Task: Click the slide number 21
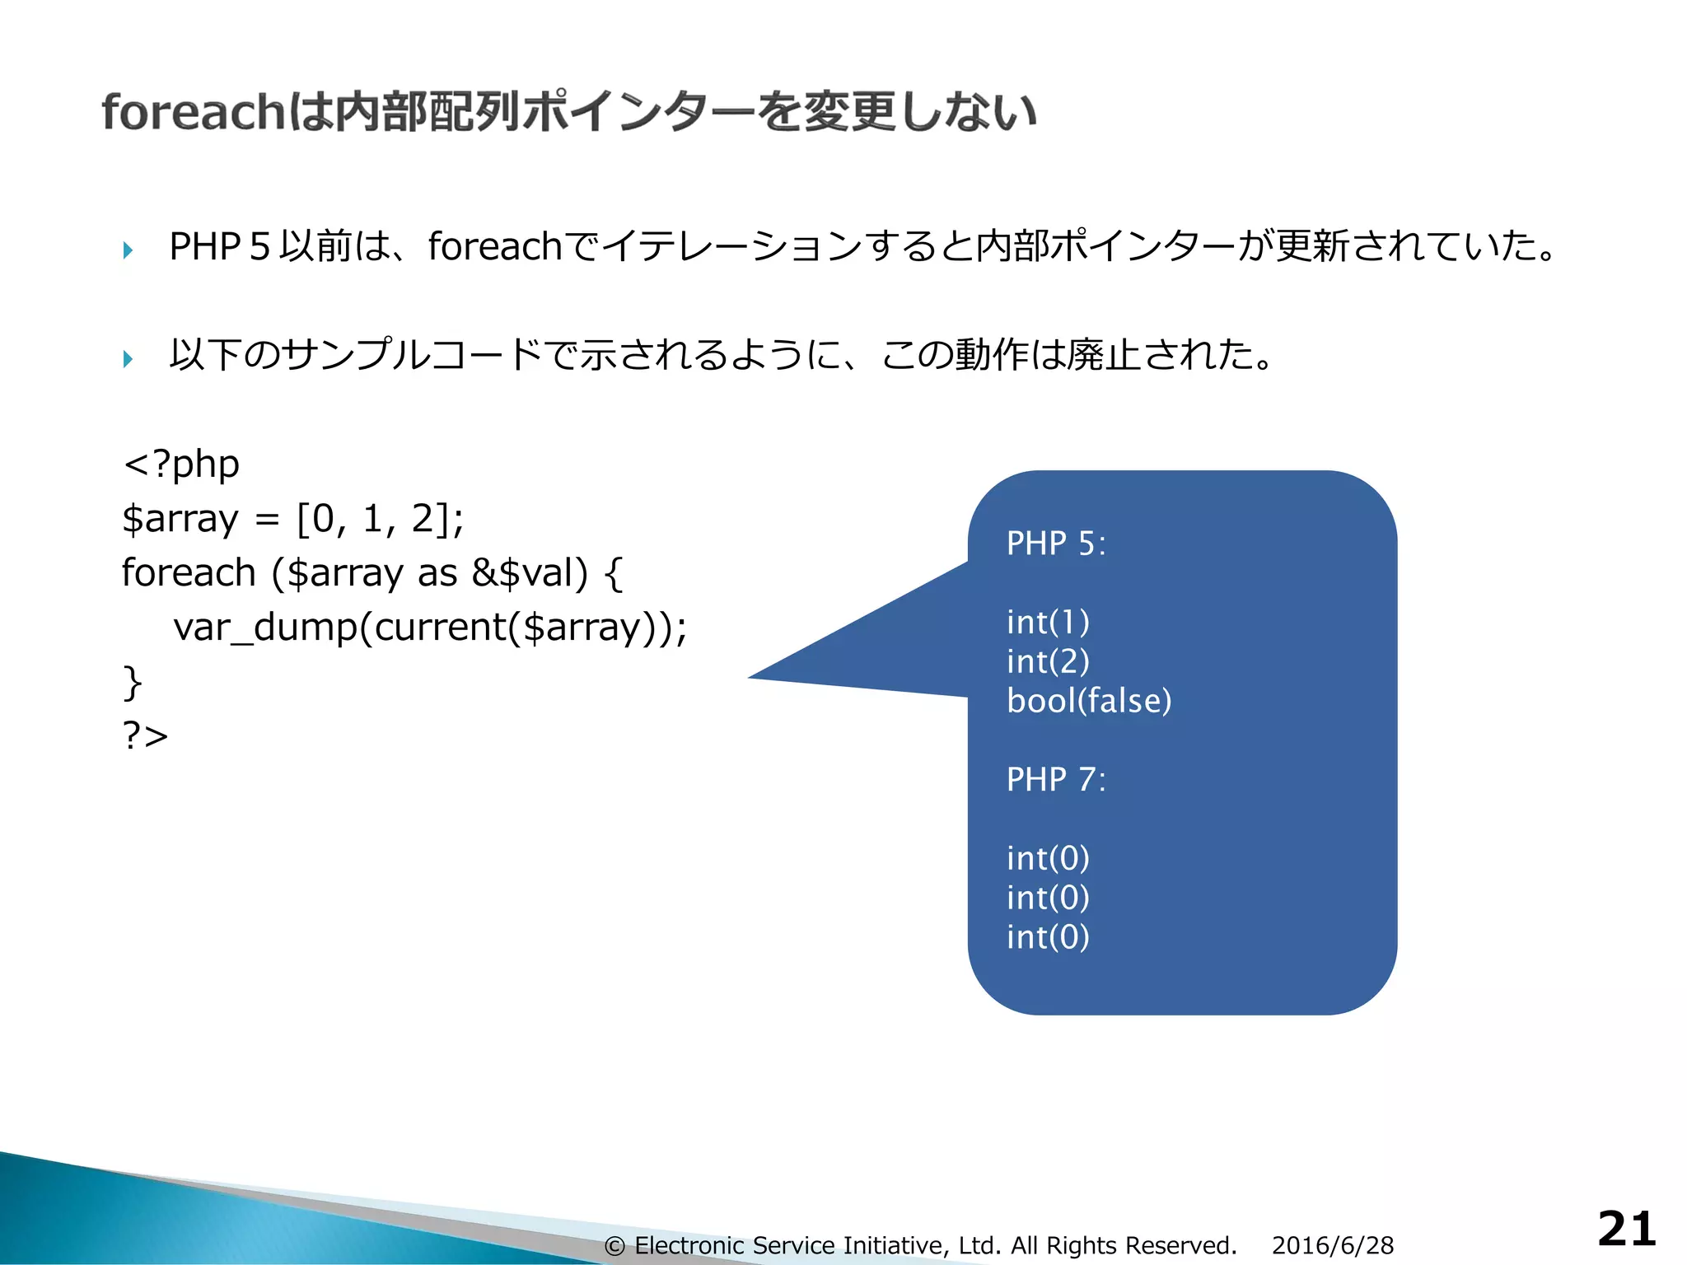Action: click(1626, 1230)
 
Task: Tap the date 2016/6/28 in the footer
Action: click(1332, 1245)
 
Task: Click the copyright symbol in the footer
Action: click(615, 1246)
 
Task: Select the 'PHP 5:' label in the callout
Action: click(1056, 544)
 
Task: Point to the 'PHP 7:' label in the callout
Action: click(1056, 779)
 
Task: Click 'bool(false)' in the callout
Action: click(1088, 701)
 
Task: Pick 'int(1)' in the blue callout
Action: click(1048, 623)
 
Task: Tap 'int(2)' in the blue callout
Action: click(1048, 661)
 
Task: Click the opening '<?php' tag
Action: click(181, 464)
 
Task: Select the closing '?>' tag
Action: click(145, 735)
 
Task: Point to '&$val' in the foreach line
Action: click(530, 573)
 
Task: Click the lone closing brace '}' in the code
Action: click(132, 682)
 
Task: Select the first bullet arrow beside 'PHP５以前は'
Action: click(128, 250)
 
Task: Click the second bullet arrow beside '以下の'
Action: click(128, 358)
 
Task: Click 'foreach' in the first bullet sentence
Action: click(494, 246)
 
